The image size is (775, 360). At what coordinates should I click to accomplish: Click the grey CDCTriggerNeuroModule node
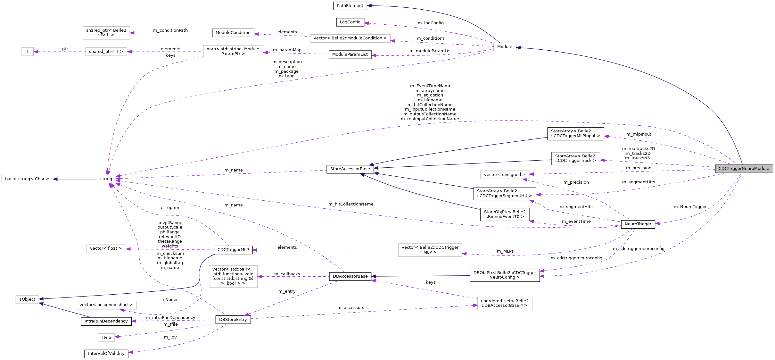(x=744, y=169)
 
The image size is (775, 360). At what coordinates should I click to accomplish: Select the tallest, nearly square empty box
(x=233, y=276)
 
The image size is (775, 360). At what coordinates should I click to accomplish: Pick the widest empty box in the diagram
(x=350, y=38)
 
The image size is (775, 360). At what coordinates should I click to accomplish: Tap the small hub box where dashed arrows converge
(x=106, y=179)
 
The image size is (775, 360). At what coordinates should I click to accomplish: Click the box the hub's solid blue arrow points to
(x=27, y=179)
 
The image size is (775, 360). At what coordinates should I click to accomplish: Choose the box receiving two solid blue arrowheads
(x=27, y=299)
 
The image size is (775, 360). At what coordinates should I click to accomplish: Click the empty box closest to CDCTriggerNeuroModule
(x=505, y=175)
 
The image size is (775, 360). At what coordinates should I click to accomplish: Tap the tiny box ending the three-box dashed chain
(x=27, y=52)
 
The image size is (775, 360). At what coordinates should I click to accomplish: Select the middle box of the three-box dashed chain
(x=106, y=52)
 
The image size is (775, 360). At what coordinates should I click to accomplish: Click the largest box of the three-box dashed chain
(x=233, y=52)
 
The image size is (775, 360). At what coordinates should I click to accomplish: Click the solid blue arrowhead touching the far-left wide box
(x=55, y=179)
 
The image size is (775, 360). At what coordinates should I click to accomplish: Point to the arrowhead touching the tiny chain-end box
(x=36, y=52)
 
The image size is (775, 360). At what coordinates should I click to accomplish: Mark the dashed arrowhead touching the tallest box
(x=260, y=277)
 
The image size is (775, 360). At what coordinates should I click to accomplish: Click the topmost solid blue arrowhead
(x=369, y=6)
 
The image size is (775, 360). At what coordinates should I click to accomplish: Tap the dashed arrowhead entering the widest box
(x=393, y=41)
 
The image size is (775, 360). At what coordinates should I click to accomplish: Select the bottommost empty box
(x=106, y=338)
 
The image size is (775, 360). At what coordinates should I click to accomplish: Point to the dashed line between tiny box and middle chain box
(x=60, y=52)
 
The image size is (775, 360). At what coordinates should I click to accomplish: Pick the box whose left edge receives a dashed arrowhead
(x=505, y=304)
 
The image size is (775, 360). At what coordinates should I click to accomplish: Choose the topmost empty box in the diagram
(x=106, y=33)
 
